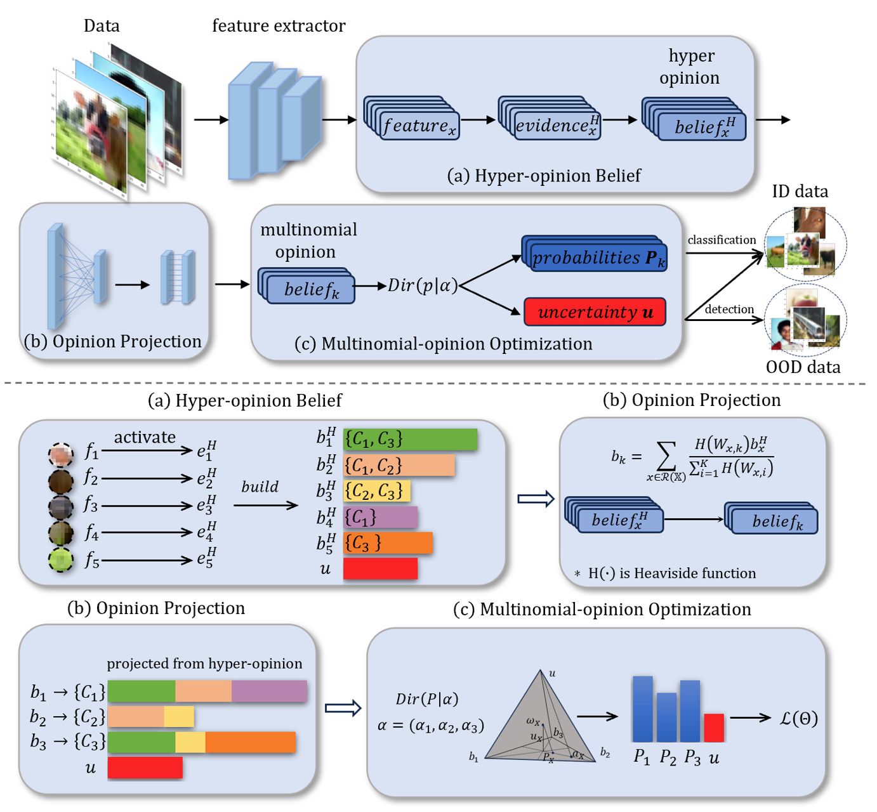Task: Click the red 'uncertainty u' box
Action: [x=595, y=312]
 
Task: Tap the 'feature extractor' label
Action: [x=279, y=26]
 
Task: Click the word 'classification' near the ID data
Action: [x=722, y=240]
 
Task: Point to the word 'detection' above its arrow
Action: [x=729, y=309]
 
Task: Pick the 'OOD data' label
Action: [x=803, y=367]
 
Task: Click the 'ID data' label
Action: [x=800, y=192]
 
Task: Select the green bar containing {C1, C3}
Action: [x=410, y=439]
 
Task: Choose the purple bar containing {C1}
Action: [x=380, y=518]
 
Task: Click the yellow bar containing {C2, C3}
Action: [x=377, y=491]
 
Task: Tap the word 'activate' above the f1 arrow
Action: [x=145, y=437]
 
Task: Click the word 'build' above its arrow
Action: [x=260, y=487]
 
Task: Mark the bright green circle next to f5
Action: [x=61, y=560]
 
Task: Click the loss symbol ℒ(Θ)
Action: [x=798, y=718]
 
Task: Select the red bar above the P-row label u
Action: [x=714, y=728]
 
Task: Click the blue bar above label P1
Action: [x=642, y=709]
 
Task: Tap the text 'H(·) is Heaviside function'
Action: [x=671, y=573]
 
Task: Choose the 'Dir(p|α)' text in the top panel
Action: [x=423, y=285]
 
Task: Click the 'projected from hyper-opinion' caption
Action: [x=204, y=664]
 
